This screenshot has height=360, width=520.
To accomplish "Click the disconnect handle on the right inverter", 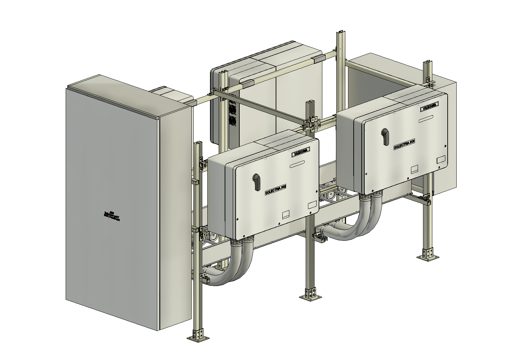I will tap(385, 137).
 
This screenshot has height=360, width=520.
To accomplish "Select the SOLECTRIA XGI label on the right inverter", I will tap(404, 145).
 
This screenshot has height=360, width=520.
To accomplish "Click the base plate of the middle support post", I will tap(310, 296).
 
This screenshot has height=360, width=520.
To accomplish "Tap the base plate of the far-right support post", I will tap(427, 257).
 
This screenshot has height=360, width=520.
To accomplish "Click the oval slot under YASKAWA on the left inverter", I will tap(297, 164).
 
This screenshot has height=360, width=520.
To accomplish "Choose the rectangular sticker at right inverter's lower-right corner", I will tap(441, 159).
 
